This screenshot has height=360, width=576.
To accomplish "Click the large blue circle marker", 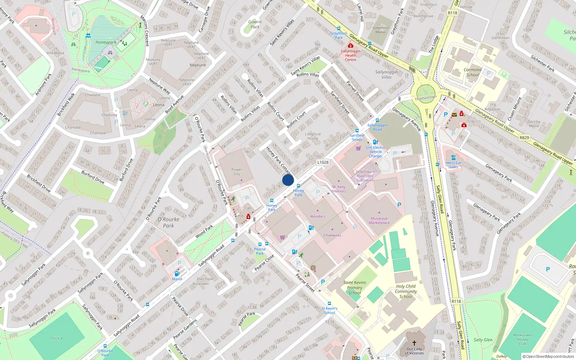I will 288,180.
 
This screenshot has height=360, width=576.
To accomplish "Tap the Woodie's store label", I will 318,216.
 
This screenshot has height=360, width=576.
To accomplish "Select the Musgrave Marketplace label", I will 379,221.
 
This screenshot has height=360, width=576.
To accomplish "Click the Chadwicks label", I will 332,235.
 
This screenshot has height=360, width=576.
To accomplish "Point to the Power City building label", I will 237,172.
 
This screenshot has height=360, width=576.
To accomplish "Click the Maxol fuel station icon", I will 177,274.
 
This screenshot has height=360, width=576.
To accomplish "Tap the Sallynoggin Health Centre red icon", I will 351,45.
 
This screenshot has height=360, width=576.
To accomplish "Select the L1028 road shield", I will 323,162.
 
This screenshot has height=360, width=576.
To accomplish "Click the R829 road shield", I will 524,138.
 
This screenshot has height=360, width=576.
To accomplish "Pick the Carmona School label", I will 473,72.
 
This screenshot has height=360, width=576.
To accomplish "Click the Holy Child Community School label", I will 406,291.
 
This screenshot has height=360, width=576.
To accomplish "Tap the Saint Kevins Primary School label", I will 355,288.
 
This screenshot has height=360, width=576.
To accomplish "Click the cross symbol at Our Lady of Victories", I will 414,343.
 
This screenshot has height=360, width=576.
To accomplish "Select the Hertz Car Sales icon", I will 453,158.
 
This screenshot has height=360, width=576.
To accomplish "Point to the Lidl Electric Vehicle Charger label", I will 375,152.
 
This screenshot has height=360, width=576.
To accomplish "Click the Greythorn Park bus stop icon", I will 339,28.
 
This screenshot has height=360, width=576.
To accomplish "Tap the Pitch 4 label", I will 57,338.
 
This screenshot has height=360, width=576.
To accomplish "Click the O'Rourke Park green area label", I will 168,222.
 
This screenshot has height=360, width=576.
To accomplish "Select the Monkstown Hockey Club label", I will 522,339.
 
